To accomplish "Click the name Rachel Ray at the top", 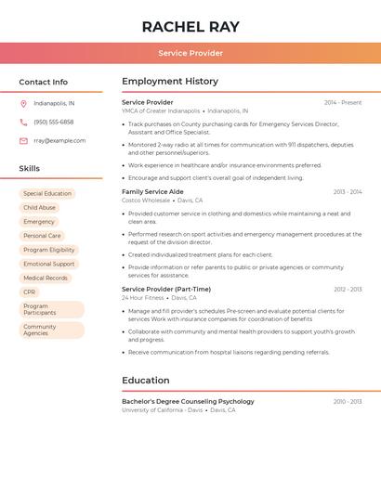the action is coord(190,27).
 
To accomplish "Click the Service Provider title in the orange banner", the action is coord(190,53).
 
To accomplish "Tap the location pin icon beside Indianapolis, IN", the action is coord(23,103).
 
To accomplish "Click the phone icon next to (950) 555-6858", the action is coord(23,122).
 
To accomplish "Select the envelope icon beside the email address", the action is coord(23,141).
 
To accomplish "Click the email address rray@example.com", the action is coord(59,141).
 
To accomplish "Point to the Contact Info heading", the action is coord(44,82).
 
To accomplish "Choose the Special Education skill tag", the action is coord(47,194).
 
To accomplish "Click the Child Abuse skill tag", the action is coord(40,208).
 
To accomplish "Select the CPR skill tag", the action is coord(30,292).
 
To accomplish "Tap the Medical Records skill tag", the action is coord(46,278).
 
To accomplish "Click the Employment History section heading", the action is coord(170,82).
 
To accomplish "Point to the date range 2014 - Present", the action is coord(343,102).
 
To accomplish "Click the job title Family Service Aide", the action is coord(152,191).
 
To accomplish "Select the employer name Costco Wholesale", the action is coord(146,201).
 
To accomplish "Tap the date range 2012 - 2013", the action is coord(348,289).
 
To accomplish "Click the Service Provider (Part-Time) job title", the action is coord(166,289).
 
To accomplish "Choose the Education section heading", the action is coord(146,381).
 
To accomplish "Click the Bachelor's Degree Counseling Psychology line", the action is coord(188,401).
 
